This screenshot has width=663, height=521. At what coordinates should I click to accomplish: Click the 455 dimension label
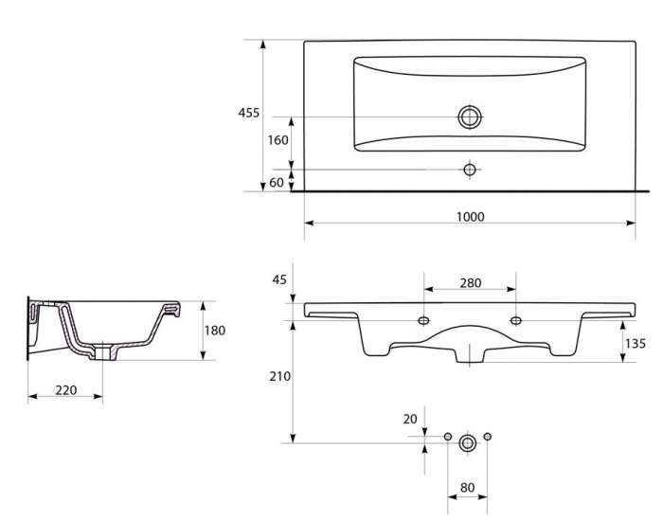(x=248, y=113)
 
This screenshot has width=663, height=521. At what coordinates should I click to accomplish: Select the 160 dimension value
(x=278, y=140)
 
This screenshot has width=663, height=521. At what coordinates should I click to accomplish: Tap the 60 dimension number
(x=277, y=183)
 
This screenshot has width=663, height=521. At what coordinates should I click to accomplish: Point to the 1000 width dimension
(x=470, y=217)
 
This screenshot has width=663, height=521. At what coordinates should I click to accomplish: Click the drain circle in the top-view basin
(x=470, y=117)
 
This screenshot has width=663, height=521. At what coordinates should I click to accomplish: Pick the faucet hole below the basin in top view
(x=470, y=170)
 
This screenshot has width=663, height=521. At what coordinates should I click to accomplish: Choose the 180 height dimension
(x=215, y=330)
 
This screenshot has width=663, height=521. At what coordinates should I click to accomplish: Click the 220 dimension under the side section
(x=66, y=389)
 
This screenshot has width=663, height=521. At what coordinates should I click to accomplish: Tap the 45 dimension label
(x=279, y=279)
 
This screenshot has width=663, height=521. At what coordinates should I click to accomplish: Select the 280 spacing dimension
(x=470, y=282)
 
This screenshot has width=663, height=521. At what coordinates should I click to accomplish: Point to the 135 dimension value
(x=636, y=343)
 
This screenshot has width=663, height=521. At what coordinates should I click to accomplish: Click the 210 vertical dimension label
(x=280, y=376)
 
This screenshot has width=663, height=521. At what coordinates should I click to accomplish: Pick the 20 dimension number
(x=410, y=419)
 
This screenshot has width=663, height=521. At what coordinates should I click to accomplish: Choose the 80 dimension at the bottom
(x=467, y=488)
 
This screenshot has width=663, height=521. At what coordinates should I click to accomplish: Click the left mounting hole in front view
(x=423, y=320)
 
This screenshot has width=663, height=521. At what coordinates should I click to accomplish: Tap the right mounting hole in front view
(x=516, y=320)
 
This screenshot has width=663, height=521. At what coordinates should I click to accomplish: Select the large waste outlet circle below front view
(x=467, y=443)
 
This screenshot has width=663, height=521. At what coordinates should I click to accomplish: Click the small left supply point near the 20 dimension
(x=448, y=437)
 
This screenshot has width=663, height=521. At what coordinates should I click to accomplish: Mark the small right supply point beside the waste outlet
(x=487, y=436)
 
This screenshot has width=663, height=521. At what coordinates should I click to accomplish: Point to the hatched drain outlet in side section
(x=102, y=351)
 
